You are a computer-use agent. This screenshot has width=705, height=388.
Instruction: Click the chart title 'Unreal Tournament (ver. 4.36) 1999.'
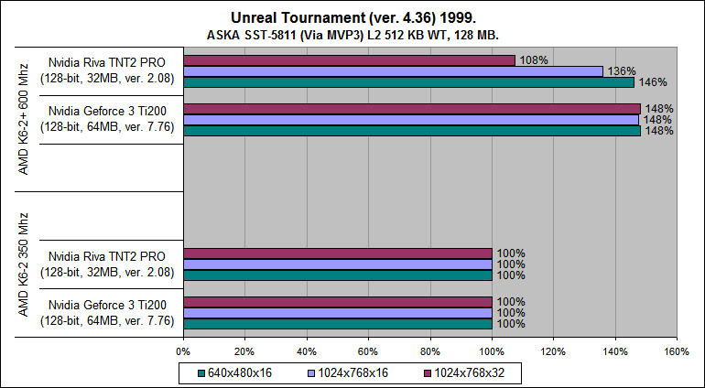point(352,17)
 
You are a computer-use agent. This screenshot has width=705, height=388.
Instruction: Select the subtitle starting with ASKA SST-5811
point(352,34)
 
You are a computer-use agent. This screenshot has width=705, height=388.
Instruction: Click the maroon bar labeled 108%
point(349,60)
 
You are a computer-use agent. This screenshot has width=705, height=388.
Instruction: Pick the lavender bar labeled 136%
point(393,71)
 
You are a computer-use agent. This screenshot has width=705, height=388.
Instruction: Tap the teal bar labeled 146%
point(408,82)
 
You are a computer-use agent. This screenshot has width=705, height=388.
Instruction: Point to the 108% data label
point(533,60)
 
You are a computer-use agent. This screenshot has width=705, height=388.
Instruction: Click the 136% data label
point(621,71)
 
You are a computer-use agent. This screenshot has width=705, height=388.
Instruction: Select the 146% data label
point(652,82)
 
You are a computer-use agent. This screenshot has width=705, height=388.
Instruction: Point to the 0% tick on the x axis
point(183,350)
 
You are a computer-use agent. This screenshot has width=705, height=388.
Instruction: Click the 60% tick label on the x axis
point(368,350)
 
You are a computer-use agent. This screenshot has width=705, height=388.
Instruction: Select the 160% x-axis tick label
point(676,350)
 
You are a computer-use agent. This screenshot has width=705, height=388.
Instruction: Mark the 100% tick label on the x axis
point(492,350)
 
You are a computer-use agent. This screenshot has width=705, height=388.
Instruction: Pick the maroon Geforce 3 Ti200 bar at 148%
point(411,108)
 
